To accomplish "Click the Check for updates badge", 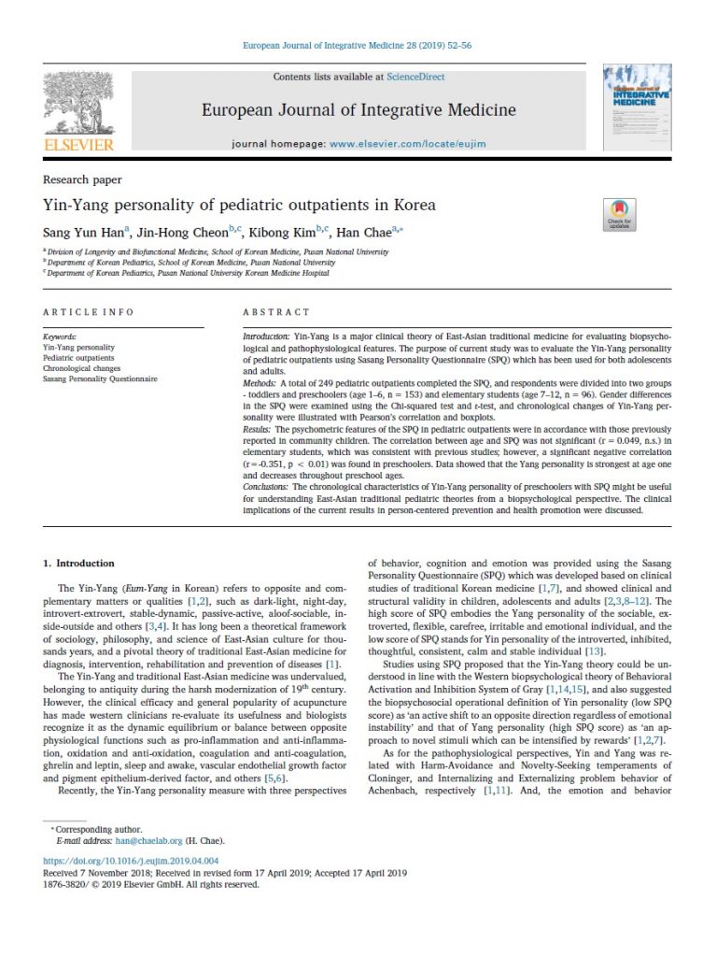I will (x=617, y=215).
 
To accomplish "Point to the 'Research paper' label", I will (x=82, y=179).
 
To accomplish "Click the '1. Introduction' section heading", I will (x=79, y=564).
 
